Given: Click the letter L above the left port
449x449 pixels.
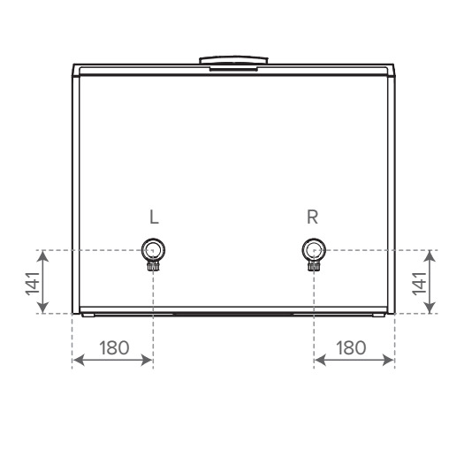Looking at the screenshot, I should click(x=153, y=217).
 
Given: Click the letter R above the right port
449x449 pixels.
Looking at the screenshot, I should click(x=313, y=217).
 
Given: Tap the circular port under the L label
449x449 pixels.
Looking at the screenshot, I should click(x=153, y=247).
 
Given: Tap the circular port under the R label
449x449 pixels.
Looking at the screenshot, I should click(x=313, y=247).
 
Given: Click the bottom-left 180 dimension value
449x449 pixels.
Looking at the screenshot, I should click(x=112, y=347).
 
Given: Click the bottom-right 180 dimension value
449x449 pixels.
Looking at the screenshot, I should click(x=353, y=347).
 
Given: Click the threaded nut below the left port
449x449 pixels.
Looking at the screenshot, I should click(x=153, y=262).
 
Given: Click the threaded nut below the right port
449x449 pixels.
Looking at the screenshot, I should click(x=313, y=262).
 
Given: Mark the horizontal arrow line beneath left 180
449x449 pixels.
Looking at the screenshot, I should click(x=112, y=360).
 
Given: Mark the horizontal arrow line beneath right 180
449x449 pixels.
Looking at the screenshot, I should click(x=354, y=360).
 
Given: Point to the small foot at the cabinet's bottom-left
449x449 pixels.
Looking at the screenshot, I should click(x=87, y=315).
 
